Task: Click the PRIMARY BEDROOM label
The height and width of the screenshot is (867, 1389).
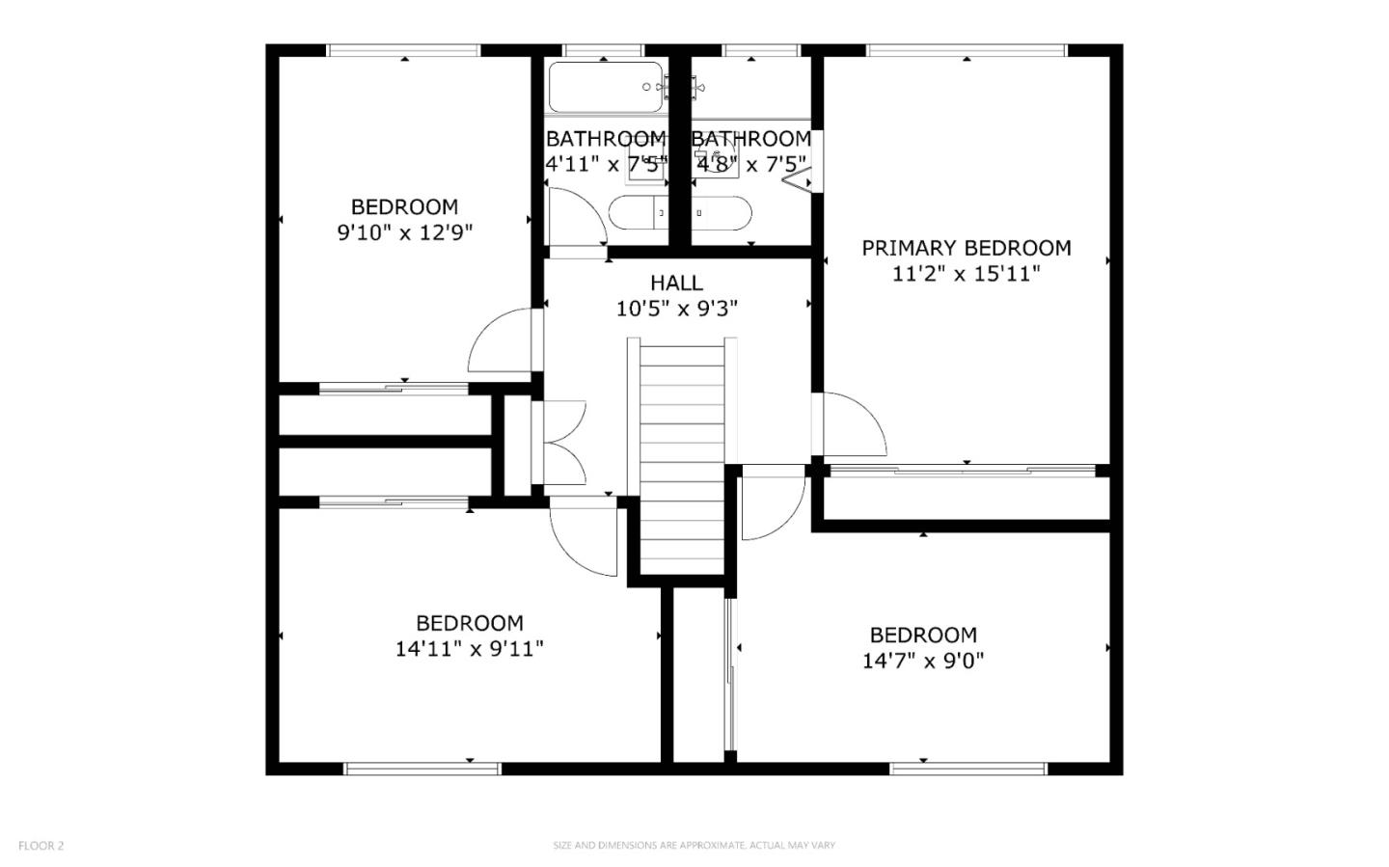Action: pyautogui.click(x=966, y=248)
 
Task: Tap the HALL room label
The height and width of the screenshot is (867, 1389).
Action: pyautogui.click(x=676, y=283)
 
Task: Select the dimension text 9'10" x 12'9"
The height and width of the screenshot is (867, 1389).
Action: pyautogui.click(x=404, y=232)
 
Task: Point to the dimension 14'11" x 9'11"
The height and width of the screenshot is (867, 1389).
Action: pyautogui.click(x=469, y=649)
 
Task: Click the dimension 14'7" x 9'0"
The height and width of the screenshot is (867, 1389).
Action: pyautogui.click(x=923, y=661)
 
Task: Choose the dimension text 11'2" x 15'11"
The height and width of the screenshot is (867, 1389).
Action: pyautogui.click(x=966, y=274)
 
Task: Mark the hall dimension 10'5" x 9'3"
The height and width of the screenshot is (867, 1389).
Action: pyautogui.click(x=676, y=309)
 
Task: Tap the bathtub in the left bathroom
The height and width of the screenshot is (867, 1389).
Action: pyautogui.click(x=606, y=87)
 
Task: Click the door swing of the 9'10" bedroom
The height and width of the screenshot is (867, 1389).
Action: pyautogui.click(x=500, y=342)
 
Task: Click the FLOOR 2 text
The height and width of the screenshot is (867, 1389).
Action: pyautogui.click(x=41, y=846)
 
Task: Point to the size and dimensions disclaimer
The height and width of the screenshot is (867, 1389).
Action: pyautogui.click(x=694, y=846)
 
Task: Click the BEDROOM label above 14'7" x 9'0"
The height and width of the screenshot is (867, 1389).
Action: pyautogui.click(x=923, y=635)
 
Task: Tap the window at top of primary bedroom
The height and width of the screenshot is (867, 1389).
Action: pyautogui.click(x=966, y=50)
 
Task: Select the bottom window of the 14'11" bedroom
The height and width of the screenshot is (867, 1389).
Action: pyautogui.click(x=422, y=769)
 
